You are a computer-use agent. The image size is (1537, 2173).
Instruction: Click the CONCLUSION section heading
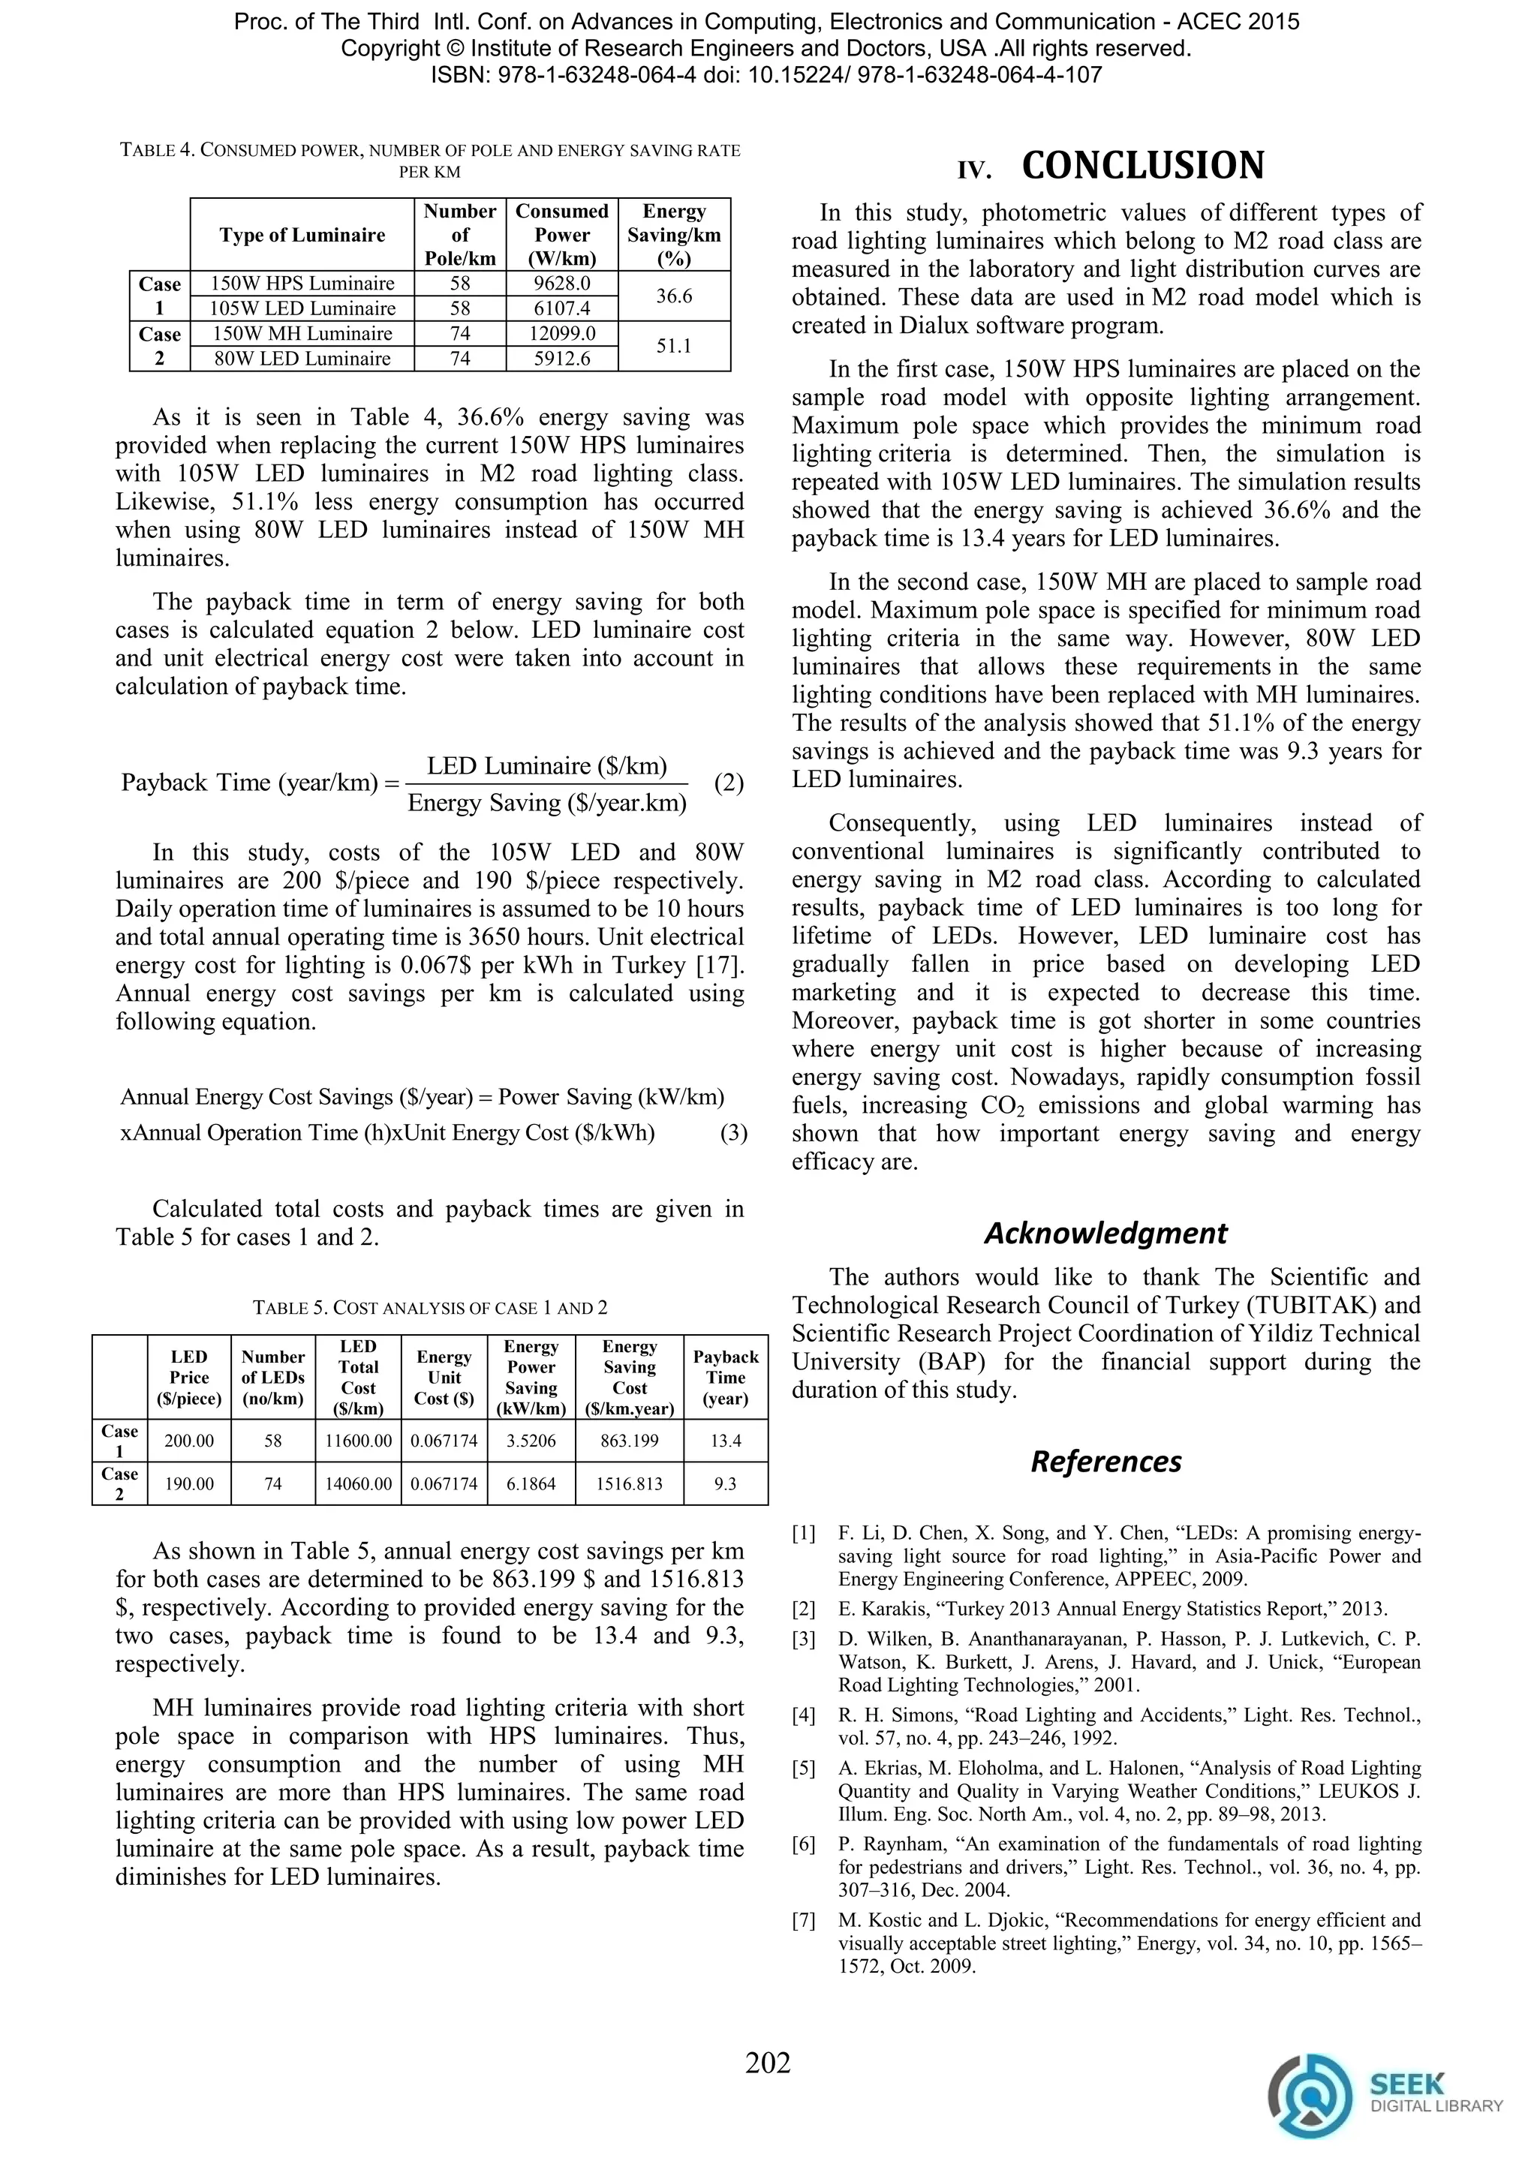[1142, 166]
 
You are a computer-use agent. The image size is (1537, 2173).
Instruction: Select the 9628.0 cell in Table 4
[562, 283]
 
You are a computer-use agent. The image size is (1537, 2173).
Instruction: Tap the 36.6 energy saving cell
[674, 296]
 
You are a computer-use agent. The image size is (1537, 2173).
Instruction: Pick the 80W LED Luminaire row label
[302, 359]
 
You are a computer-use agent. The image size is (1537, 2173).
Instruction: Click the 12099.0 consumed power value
[562, 333]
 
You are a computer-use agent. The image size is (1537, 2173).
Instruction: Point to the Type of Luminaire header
[302, 235]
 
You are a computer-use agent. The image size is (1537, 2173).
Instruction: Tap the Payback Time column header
[726, 1378]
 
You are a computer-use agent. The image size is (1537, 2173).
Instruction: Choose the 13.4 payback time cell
[726, 1441]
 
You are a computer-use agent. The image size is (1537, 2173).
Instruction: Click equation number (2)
[729, 783]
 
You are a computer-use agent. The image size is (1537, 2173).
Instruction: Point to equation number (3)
[733, 1133]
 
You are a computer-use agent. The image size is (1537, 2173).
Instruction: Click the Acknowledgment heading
[1105, 1234]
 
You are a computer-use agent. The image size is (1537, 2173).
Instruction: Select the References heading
[1105, 1461]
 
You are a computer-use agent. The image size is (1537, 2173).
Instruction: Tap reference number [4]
[804, 1715]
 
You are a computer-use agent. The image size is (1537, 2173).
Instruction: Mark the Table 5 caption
[430, 1308]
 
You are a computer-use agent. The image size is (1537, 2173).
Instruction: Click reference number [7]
[804, 1920]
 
